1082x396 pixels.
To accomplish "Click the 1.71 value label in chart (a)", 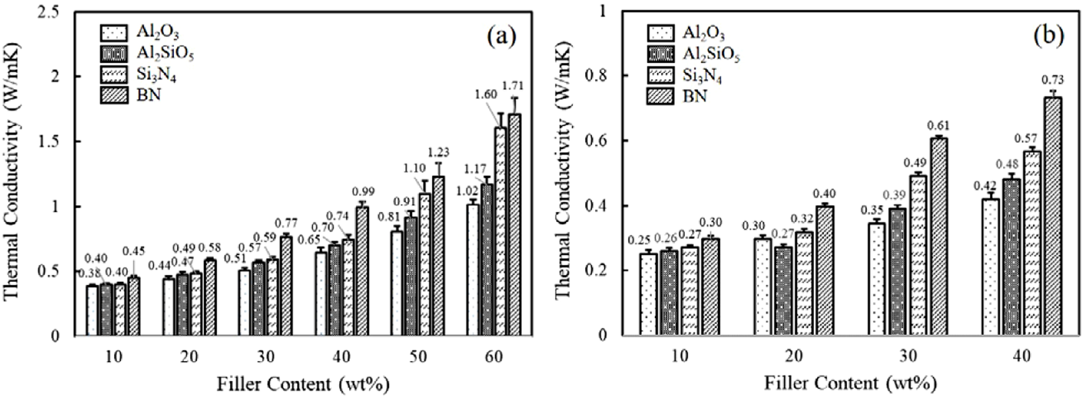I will coord(513,86).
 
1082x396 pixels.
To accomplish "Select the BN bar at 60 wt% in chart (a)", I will coord(514,226).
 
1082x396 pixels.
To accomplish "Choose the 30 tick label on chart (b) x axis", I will coord(908,357).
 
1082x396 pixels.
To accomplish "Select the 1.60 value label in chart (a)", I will coord(486,95).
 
